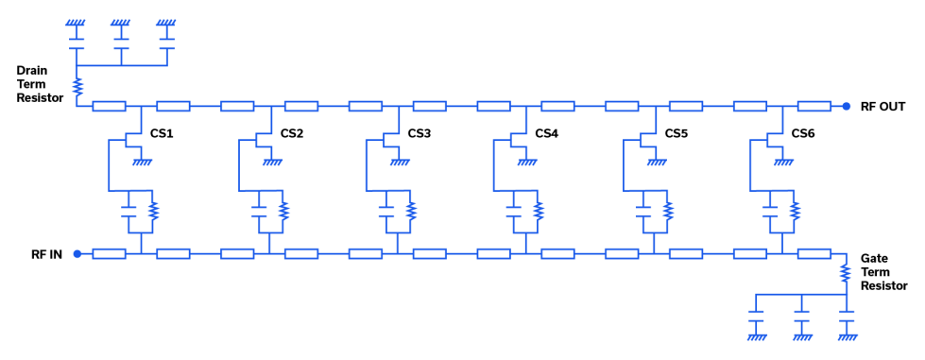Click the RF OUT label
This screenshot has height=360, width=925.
click(883, 106)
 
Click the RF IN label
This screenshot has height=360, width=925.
click(46, 253)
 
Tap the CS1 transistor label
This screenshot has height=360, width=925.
click(163, 133)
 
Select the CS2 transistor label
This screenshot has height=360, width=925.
click(292, 133)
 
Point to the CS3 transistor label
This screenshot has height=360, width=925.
click(420, 133)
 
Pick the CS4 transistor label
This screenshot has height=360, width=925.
click(547, 133)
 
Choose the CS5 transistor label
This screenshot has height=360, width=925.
click(677, 133)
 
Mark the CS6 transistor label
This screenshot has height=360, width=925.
click(804, 133)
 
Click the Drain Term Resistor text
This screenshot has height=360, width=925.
click(39, 84)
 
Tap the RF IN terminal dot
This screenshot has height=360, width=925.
click(77, 253)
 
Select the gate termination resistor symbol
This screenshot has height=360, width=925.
click(847, 273)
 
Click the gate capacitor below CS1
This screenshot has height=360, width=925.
click(129, 211)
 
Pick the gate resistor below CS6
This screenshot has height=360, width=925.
click(795, 210)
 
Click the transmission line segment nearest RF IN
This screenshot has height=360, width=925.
click(110, 253)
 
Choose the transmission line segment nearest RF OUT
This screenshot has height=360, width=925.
click(814, 106)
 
